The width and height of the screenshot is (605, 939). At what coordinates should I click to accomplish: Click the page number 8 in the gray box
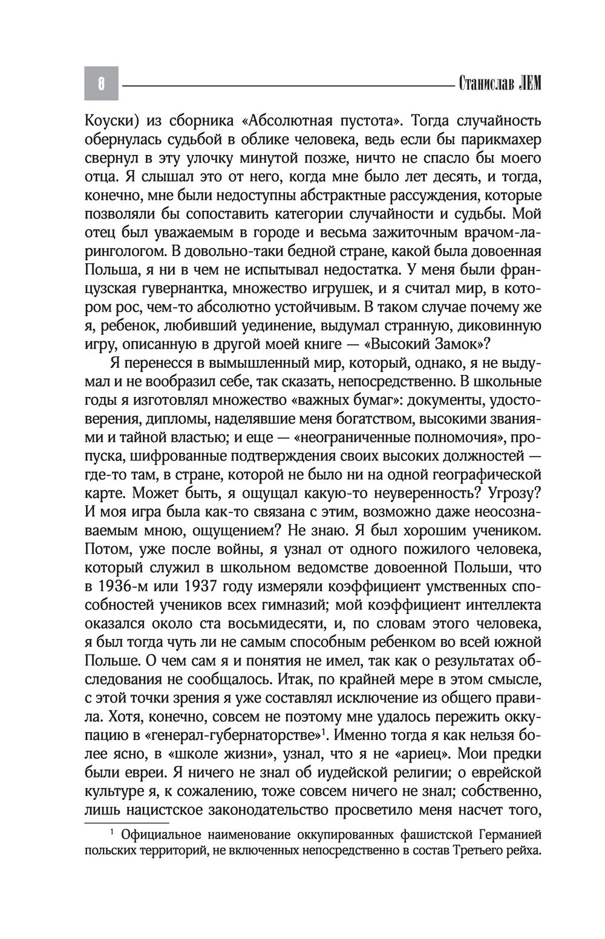[x=101, y=83]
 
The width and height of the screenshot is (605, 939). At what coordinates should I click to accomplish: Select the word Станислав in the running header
[x=485, y=83]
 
